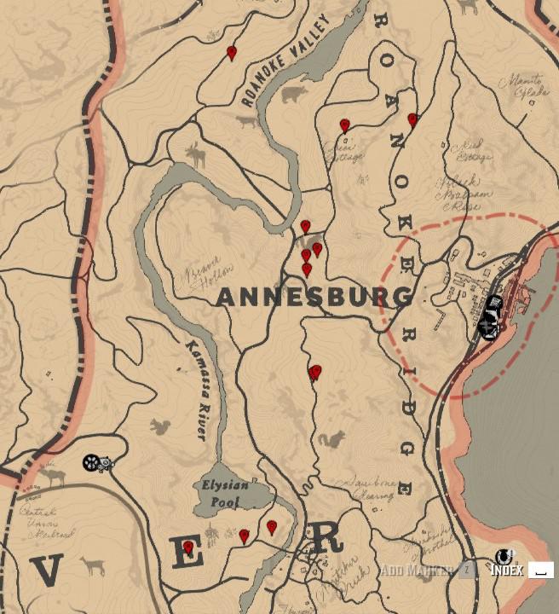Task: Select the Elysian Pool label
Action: pyautogui.click(x=226, y=492)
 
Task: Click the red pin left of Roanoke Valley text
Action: pyautogui.click(x=232, y=54)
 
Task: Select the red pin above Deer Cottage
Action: pyautogui.click(x=344, y=126)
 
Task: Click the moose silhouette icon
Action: pyautogui.click(x=197, y=154)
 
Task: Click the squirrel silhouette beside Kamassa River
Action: pyautogui.click(x=158, y=426)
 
